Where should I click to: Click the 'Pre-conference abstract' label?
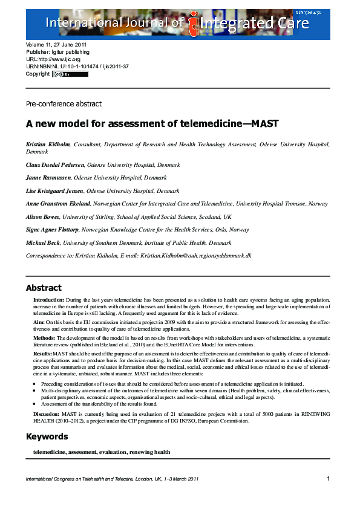coord(64,104)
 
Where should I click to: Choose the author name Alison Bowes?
coord(42,217)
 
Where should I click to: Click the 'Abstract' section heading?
coord(44,288)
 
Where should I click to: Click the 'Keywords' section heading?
coord(47,436)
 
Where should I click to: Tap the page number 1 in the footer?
coord(327,479)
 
